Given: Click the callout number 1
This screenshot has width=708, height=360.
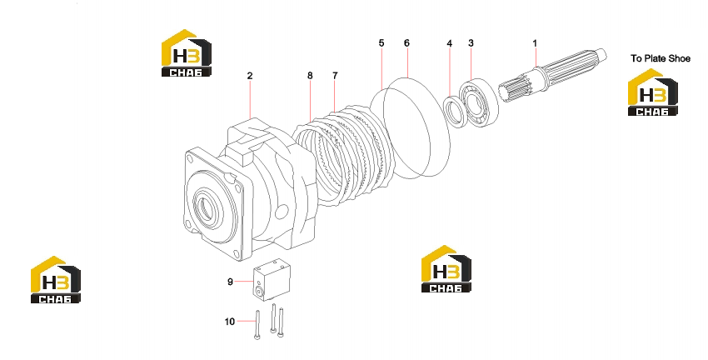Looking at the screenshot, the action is (x=535, y=43).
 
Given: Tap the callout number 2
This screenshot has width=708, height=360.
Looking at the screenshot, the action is (x=250, y=76).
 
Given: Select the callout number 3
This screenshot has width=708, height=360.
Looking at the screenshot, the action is (x=471, y=42).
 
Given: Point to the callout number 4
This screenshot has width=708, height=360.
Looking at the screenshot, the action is (x=449, y=43).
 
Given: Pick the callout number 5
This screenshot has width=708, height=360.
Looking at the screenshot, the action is (x=381, y=42).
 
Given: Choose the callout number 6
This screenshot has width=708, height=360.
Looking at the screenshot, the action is (x=406, y=42).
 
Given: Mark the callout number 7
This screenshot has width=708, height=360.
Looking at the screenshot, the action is (x=335, y=76).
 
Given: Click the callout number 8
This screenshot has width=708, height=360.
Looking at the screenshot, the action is (x=310, y=76).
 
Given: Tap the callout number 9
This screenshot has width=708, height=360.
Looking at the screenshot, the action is (x=230, y=282).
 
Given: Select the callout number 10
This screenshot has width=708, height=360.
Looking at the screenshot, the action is (x=230, y=322).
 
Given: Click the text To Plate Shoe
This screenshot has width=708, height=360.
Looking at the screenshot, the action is (x=661, y=58).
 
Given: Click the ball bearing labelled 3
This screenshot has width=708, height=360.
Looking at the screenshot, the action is (x=479, y=102).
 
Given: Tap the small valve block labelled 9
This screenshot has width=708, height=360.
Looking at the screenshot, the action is (x=272, y=280).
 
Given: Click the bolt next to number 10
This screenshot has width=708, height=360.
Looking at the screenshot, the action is (x=257, y=325).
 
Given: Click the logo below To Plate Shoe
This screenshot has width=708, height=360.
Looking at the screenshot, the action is (x=652, y=92).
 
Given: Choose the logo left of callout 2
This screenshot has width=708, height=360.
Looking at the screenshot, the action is (x=186, y=53).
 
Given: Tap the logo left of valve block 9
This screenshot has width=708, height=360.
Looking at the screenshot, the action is (x=56, y=280).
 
